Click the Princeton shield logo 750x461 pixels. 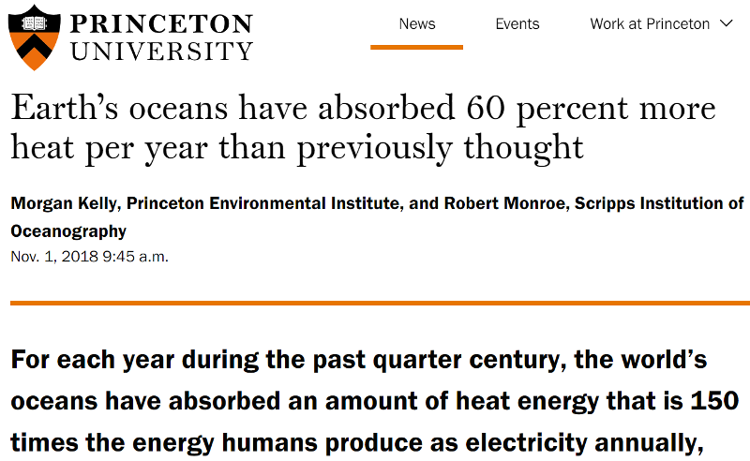(x=34, y=37)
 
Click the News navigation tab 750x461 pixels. (x=416, y=23)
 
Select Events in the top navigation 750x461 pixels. (x=517, y=23)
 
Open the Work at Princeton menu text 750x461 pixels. (x=650, y=23)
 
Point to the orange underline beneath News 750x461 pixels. (x=416, y=47)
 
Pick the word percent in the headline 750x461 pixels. (x=572, y=110)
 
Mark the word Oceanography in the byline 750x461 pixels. (x=68, y=230)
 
